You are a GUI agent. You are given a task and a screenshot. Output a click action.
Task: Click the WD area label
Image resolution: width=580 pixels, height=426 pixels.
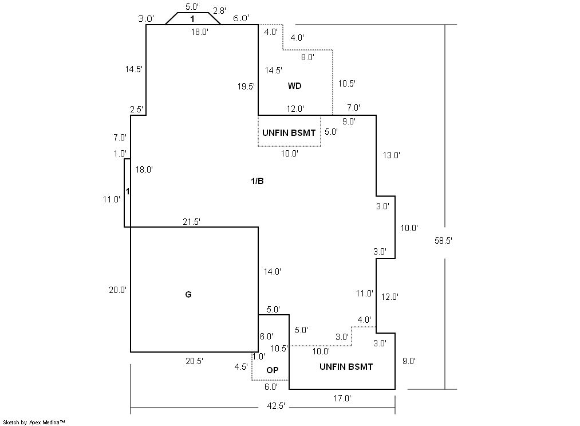click(294, 86)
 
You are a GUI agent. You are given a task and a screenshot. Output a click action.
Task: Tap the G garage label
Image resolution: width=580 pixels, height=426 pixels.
click(188, 295)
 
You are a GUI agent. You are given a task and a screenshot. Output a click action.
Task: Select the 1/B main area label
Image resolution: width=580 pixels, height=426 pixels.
click(258, 181)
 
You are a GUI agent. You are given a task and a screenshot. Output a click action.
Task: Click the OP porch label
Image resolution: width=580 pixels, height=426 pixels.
click(272, 370)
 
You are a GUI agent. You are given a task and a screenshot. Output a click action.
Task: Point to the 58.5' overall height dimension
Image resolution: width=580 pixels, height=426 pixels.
click(443, 241)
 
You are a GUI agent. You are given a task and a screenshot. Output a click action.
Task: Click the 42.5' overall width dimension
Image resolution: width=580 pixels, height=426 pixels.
click(276, 406)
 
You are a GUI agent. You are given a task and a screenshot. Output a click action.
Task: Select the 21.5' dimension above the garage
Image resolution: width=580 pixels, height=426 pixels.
click(192, 221)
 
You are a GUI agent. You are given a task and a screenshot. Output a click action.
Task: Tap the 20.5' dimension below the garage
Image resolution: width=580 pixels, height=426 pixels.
click(194, 361)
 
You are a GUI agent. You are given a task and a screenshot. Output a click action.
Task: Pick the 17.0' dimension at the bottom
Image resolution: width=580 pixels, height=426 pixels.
click(342, 398)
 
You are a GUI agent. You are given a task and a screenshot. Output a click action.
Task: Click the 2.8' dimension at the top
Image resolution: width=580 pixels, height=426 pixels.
click(219, 11)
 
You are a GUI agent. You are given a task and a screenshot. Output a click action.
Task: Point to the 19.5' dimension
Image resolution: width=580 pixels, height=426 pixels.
click(246, 87)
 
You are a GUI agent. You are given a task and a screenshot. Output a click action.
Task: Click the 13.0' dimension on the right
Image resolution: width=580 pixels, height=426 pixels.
click(392, 155)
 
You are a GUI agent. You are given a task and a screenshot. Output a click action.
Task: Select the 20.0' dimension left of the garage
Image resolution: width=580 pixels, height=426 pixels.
click(117, 290)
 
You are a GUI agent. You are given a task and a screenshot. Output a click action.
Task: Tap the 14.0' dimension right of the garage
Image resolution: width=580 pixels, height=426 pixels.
click(272, 272)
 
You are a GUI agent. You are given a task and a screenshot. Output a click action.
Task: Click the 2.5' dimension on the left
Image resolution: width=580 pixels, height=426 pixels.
click(136, 110)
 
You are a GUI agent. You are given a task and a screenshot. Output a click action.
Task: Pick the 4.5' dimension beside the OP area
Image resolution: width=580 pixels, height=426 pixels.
click(241, 367)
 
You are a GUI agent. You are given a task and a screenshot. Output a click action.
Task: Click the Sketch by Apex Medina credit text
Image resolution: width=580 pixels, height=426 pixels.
click(34, 423)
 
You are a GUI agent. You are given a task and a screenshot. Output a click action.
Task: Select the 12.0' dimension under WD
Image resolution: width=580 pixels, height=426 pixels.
click(295, 108)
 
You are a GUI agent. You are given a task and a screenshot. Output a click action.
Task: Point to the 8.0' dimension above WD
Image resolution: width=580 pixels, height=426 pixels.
click(307, 57)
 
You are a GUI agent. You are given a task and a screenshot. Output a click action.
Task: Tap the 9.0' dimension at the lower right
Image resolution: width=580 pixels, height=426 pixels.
click(409, 361)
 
